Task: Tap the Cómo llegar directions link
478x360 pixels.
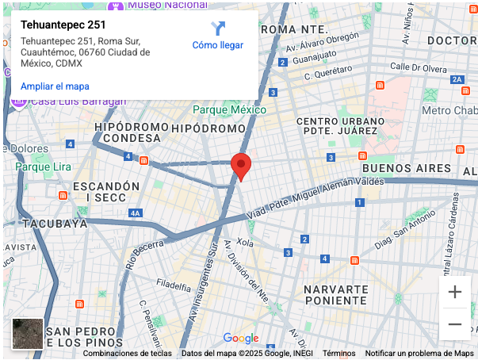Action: (218, 45)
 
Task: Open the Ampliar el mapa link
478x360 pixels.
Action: (55, 86)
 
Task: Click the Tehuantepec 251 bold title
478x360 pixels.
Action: (63, 25)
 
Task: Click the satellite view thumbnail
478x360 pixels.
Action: (28, 334)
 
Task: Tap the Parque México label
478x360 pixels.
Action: (230, 110)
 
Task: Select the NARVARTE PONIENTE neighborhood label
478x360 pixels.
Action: (336, 295)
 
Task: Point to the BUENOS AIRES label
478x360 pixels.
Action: (407, 169)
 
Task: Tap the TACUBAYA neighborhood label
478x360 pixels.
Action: (54, 224)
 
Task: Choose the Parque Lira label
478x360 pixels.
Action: (44, 167)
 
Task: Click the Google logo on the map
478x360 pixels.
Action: (241, 339)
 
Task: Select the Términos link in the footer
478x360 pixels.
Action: (338, 354)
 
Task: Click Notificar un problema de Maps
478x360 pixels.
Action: (419, 354)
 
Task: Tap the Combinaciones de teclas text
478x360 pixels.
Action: (127, 354)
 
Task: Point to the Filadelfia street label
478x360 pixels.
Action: (174, 284)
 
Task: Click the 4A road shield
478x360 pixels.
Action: (136, 213)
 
